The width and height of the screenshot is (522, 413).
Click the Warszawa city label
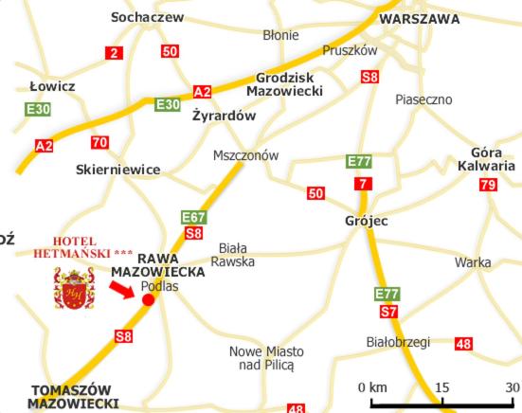pyautogui.click(x=419, y=18)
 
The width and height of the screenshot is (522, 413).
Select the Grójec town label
pyautogui.click(x=366, y=221)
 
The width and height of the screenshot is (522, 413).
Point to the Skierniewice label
pyautogui.click(x=117, y=170)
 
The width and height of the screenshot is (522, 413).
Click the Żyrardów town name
pyautogui.click(x=225, y=117)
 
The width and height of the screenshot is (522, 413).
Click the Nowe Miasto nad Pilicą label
pyautogui.click(x=267, y=357)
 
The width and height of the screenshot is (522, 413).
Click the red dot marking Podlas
pyautogui.click(x=148, y=300)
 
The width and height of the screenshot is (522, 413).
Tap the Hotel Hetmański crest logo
pyautogui.click(x=73, y=287)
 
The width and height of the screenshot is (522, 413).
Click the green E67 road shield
pyautogui.click(x=193, y=218)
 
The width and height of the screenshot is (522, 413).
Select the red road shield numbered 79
pyautogui.click(x=488, y=185)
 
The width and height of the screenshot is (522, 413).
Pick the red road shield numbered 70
pyautogui.click(x=99, y=143)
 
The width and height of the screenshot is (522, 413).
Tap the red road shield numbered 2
pyautogui.click(x=114, y=53)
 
